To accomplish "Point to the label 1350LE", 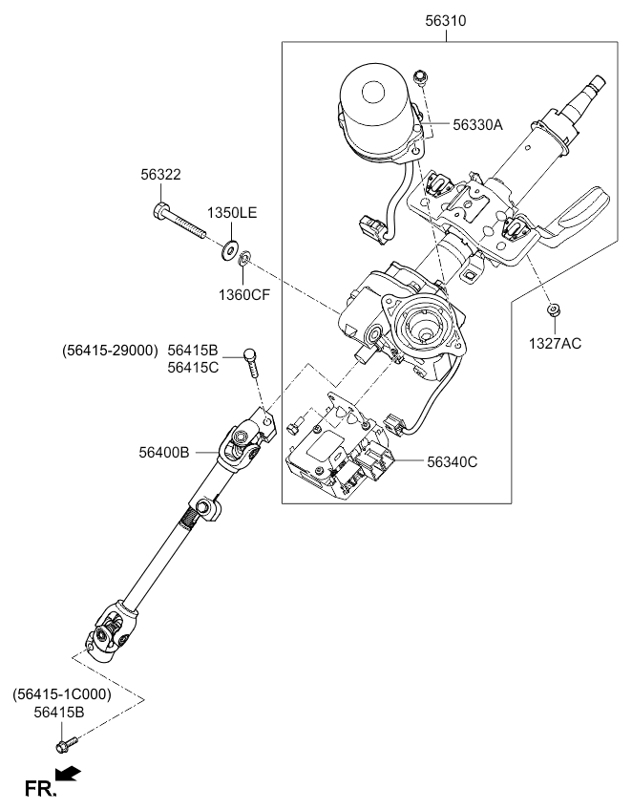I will pyautogui.click(x=233, y=214).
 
